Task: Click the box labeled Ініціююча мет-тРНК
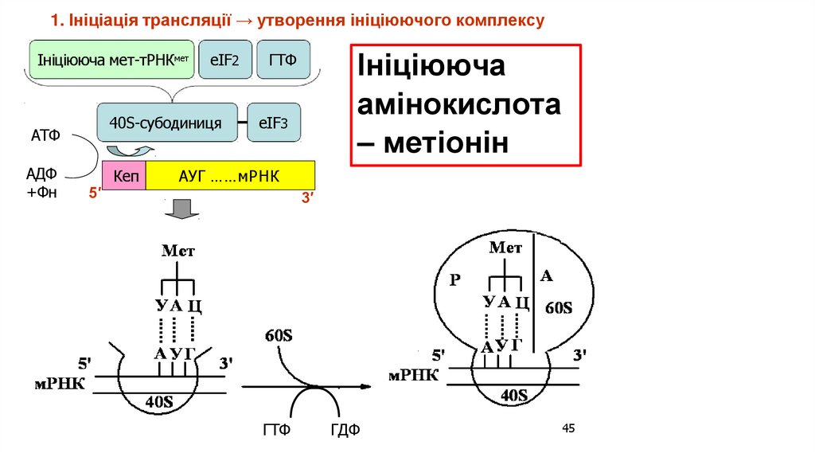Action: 111,60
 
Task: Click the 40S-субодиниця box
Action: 166,123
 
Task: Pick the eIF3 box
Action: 274,123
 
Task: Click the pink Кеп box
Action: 125,174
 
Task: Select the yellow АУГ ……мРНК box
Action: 231,174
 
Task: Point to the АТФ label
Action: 45,136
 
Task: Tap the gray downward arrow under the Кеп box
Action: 181,209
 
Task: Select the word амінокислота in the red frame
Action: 458,106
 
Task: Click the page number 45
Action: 567,429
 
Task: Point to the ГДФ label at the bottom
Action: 345,431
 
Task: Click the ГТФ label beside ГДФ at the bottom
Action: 276,431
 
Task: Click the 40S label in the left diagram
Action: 158,402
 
